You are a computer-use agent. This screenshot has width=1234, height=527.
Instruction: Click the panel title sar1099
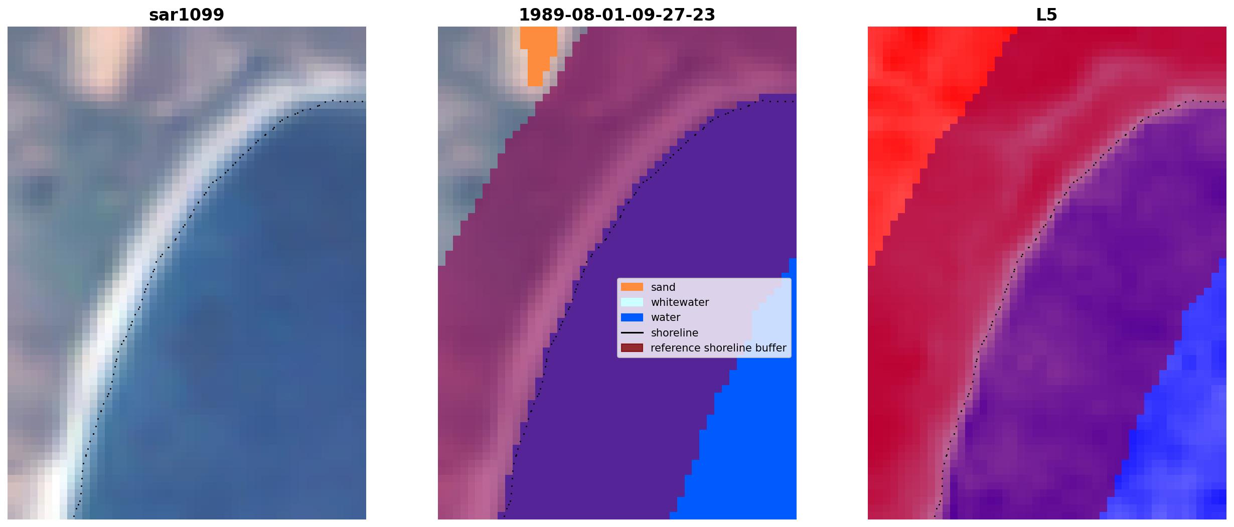pos(186,15)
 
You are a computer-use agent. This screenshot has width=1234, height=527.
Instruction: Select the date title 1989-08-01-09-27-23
pos(616,15)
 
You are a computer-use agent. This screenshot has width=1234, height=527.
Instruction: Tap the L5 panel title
pos(1046,15)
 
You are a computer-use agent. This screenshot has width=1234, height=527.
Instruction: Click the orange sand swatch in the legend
pos(632,287)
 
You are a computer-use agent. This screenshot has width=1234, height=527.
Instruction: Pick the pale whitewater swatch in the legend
pos(632,302)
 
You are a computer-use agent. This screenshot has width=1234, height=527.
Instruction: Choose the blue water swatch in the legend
pos(632,317)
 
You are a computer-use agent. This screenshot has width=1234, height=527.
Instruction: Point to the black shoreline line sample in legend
pos(632,333)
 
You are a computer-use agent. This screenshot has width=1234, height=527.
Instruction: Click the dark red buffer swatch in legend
pos(632,348)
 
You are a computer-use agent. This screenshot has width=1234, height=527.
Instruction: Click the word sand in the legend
pos(663,287)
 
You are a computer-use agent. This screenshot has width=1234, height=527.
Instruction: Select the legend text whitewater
pos(680,302)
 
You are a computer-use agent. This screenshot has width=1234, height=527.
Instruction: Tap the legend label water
pos(665,317)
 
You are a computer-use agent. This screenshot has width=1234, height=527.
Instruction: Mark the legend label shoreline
pos(674,333)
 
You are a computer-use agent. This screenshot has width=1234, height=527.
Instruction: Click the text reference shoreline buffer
pos(718,348)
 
